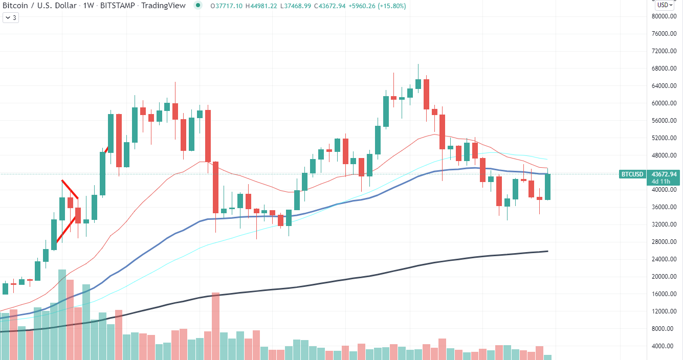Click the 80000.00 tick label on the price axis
click(664, 16)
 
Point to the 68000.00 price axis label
click(664, 69)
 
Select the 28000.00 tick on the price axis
click(664, 242)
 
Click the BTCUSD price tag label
click(632, 174)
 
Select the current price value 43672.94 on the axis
click(664, 174)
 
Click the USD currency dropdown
click(665, 5)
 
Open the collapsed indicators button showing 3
click(11, 18)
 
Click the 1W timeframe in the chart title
click(89, 6)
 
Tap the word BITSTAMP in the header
click(117, 6)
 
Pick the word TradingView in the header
click(163, 6)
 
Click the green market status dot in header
click(198, 6)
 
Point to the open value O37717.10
click(227, 6)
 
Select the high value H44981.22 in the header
click(261, 6)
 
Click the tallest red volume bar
click(215, 326)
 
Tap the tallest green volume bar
click(62, 314)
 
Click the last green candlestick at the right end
click(547, 187)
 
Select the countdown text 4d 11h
click(660, 182)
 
